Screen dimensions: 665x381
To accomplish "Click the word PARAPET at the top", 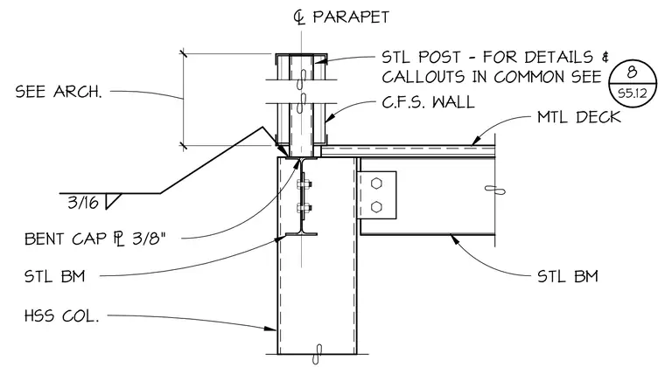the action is tap(351, 17).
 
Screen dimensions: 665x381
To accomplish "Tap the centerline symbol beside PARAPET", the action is tap(299, 17).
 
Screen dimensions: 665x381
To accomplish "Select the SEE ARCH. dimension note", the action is tap(59, 92).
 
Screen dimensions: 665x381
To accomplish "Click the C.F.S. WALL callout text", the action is tap(428, 102).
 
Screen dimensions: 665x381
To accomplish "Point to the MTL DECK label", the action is tap(579, 117).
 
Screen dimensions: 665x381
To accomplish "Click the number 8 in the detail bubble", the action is tap(632, 72).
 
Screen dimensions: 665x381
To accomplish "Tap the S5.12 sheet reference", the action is tap(633, 94).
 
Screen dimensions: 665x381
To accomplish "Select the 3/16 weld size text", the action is tap(83, 203).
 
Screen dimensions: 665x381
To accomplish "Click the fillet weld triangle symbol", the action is tap(112, 201).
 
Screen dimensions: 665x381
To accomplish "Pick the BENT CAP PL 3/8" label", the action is tap(94, 239).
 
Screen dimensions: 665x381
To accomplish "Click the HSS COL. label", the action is tap(61, 315).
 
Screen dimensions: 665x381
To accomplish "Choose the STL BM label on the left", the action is tap(55, 276).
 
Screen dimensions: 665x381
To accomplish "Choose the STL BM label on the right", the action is tap(568, 276).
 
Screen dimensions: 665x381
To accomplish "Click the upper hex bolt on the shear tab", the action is tap(376, 184).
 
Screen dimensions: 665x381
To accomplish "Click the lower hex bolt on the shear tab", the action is tap(376, 207).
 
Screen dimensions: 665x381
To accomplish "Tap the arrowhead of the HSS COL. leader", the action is tap(271, 328).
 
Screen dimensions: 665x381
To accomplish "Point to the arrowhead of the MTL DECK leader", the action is tap(476, 140).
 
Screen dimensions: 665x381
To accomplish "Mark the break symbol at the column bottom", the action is tap(318, 354).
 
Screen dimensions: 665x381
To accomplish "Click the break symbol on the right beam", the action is tap(495, 190).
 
